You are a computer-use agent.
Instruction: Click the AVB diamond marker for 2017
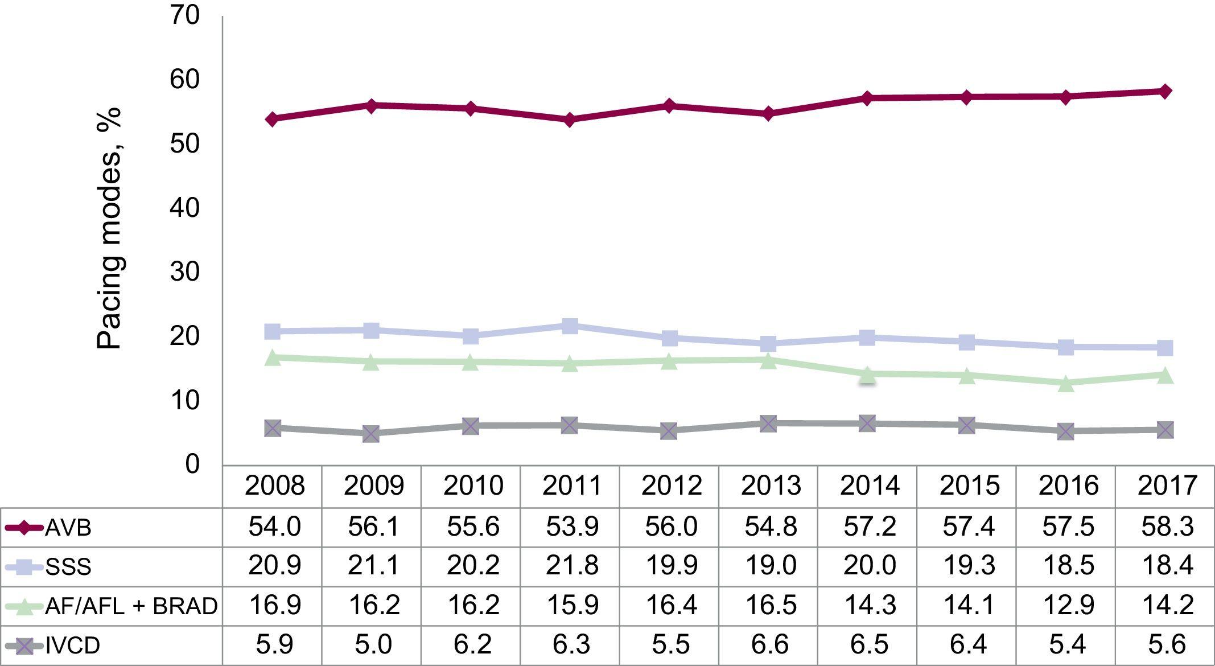click(1165, 92)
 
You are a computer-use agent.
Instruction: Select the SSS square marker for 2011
click(570, 326)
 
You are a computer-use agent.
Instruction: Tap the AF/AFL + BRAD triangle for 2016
click(1066, 384)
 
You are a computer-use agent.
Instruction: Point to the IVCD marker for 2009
click(371, 434)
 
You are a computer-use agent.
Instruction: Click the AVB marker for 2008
click(272, 119)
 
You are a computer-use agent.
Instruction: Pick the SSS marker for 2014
click(867, 338)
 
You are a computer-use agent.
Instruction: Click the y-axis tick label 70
click(185, 15)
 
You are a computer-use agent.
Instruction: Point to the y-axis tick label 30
click(185, 272)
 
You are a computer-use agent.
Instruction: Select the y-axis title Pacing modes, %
click(109, 228)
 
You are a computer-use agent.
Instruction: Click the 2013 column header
click(771, 486)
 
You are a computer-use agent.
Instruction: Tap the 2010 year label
click(473, 486)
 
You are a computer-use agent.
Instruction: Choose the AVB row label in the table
click(68, 528)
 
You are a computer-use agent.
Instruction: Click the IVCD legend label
click(73, 646)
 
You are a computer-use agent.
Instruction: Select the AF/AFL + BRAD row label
click(131, 606)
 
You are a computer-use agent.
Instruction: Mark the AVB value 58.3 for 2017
click(1167, 527)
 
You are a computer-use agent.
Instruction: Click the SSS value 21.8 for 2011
click(572, 566)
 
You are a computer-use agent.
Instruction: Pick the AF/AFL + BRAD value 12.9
click(1068, 605)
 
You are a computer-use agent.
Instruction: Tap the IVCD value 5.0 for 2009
click(374, 644)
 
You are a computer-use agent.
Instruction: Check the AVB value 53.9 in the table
click(572, 527)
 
